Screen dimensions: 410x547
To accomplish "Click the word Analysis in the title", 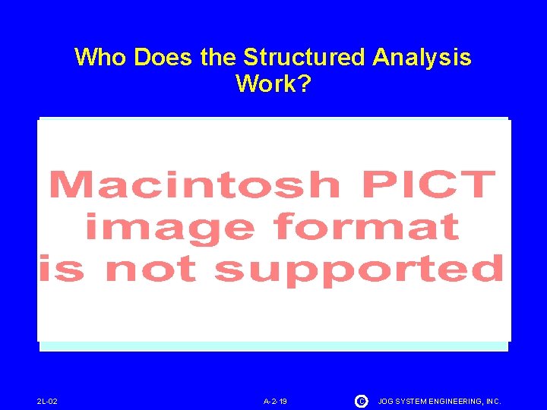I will tap(422, 58).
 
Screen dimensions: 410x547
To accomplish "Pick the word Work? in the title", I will tap(273, 84).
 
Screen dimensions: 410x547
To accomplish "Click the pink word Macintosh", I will tap(194, 185).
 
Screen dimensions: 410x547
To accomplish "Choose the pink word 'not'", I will tap(150, 269).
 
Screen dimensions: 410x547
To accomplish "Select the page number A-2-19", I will tap(275, 401).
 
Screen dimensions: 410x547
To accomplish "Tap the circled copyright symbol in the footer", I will tap(362, 400).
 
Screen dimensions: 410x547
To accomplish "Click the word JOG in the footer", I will tap(386, 401).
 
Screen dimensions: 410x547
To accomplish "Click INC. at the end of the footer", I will tap(495, 401).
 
